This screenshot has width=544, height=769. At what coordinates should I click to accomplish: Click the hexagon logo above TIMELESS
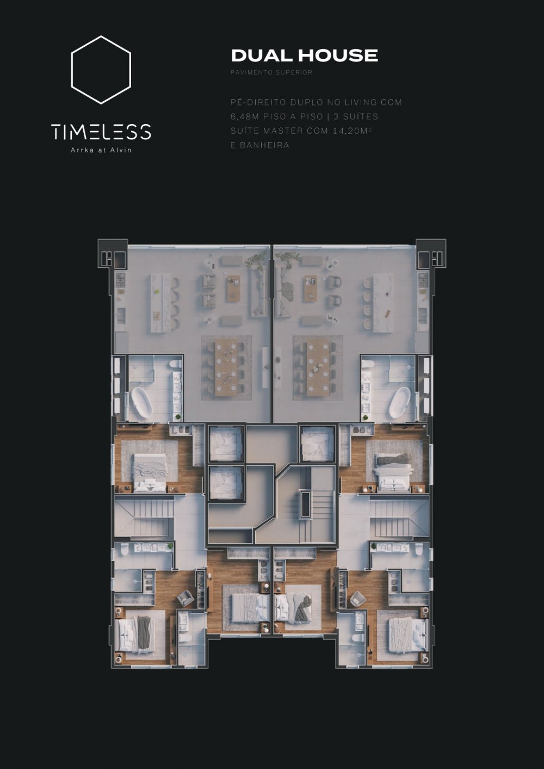[71, 70]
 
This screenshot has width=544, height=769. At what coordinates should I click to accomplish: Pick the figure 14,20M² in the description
[352, 131]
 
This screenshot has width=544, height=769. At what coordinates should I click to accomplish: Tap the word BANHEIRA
[264, 145]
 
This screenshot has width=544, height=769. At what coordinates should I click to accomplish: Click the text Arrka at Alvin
[101, 150]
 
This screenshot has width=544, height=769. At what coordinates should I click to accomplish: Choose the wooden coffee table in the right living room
[310, 288]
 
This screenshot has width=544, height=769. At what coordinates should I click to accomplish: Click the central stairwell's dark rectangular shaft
[304, 504]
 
